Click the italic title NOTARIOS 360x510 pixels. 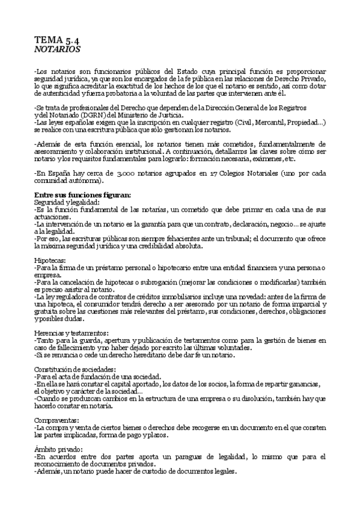click(x=57, y=49)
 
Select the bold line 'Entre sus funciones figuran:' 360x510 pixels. click(x=78, y=195)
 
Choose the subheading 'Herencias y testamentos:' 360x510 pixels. click(x=72, y=333)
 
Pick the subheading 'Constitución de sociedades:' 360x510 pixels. click(x=75, y=368)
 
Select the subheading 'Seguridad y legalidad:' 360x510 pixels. click(x=67, y=202)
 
